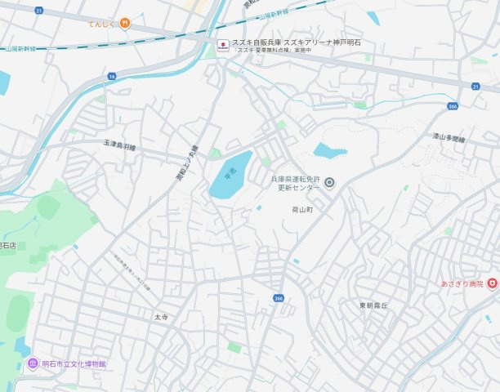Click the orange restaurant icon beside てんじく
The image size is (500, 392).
pos(124,23)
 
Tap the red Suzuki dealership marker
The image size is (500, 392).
pos(222,46)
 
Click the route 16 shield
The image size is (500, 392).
pos(111,75)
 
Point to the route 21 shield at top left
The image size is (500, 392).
pos(39,11)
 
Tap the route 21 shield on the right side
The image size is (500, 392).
pos(474,86)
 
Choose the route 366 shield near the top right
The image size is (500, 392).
pos(453,105)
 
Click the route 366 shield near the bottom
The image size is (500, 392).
pos(279,298)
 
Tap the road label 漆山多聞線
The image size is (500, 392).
pos(448,140)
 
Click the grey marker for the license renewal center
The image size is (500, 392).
pos(329,183)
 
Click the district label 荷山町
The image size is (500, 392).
pos(302,209)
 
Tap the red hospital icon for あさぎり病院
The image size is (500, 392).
pos(492,283)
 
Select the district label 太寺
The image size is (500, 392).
pos(160,316)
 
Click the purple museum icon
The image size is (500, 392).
pos(32,363)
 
